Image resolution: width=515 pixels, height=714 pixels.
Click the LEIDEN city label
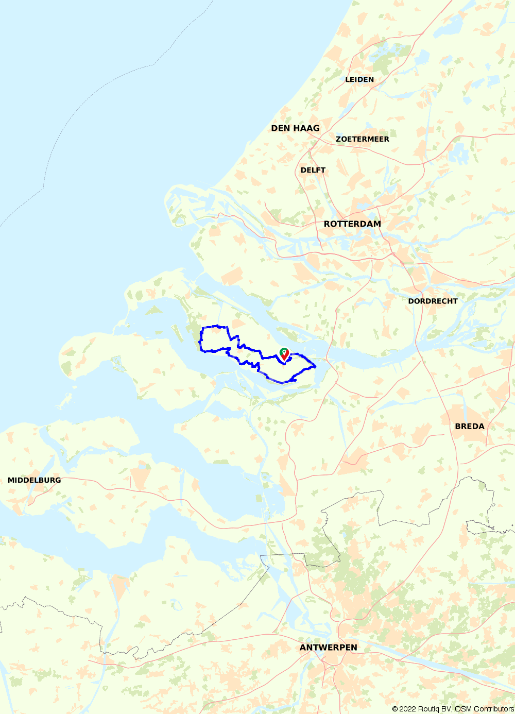pos(359,79)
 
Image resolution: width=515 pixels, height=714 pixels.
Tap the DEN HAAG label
pos(295,128)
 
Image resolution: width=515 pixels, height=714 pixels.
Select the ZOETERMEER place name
pos(362,139)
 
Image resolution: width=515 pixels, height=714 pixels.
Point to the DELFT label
pos(313,170)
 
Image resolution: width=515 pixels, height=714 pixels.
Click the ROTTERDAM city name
pos(352,224)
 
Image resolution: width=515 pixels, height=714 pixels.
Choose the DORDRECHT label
pos(433,301)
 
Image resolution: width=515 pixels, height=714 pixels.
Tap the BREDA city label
pos(469,426)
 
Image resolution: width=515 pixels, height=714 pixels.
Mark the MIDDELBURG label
pos(34,480)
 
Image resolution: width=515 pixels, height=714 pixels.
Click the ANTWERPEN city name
pos(328,648)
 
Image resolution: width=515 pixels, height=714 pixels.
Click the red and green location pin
pos(284,354)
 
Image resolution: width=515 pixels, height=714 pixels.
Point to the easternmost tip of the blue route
pos(315,366)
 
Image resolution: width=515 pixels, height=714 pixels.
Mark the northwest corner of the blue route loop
pos(202,328)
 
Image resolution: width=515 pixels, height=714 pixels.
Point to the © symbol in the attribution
pos(394,709)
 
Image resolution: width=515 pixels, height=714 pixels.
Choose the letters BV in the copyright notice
pos(447,709)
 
